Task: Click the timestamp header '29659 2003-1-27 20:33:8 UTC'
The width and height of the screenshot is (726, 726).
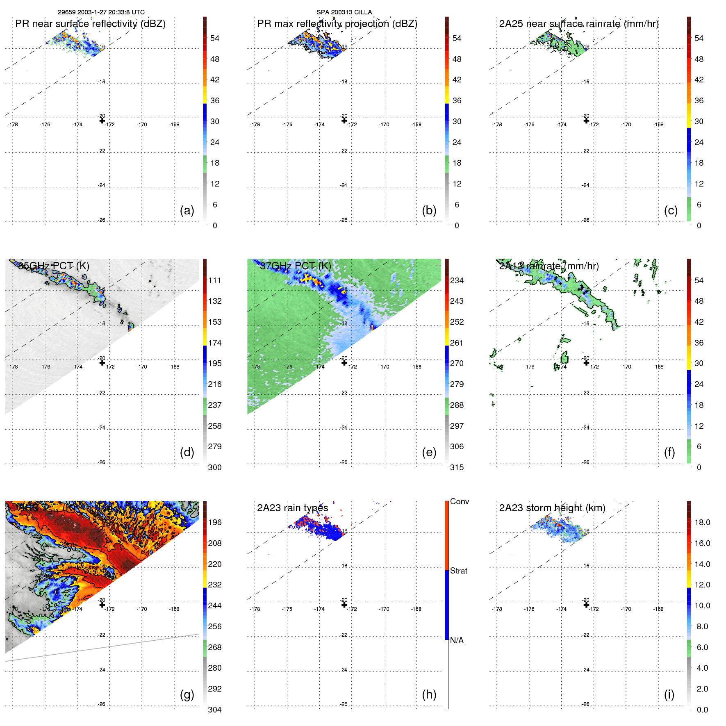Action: [x=101, y=12]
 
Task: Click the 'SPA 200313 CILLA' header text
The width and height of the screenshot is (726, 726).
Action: [x=344, y=12]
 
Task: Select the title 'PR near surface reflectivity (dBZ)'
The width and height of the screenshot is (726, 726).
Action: [x=90, y=24]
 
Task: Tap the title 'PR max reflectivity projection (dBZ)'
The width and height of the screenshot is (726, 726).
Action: [x=337, y=24]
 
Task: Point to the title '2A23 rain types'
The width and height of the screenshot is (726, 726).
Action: [x=292, y=508]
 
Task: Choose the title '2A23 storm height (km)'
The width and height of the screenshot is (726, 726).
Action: [x=552, y=508]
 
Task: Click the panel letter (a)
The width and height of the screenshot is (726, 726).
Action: [x=187, y=211]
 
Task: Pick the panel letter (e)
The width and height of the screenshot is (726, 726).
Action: [x=429, y=453]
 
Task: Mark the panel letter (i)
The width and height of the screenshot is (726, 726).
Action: [x=669, y=694]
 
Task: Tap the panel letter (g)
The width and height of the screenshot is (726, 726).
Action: [x=187, y=694]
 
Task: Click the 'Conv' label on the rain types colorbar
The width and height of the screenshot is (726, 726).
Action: [x=459, y=501]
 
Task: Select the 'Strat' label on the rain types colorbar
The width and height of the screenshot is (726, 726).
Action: [x=458, y=571]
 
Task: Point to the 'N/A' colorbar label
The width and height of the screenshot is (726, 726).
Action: [x=457, y=640]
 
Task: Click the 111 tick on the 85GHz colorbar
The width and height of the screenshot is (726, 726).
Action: [x=215, y=280]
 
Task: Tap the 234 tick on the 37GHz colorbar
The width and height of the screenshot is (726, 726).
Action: [x=457, y=280]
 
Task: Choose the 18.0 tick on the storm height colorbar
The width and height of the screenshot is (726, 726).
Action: [x=702, y=522]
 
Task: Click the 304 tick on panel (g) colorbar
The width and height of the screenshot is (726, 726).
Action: [x=215, y=710]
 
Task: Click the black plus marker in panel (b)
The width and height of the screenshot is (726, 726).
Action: [x=344, y=121]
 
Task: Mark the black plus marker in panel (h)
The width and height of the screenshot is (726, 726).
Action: [x=344, y=605]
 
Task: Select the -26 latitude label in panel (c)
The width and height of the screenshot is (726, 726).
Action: [x=586, y=220]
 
